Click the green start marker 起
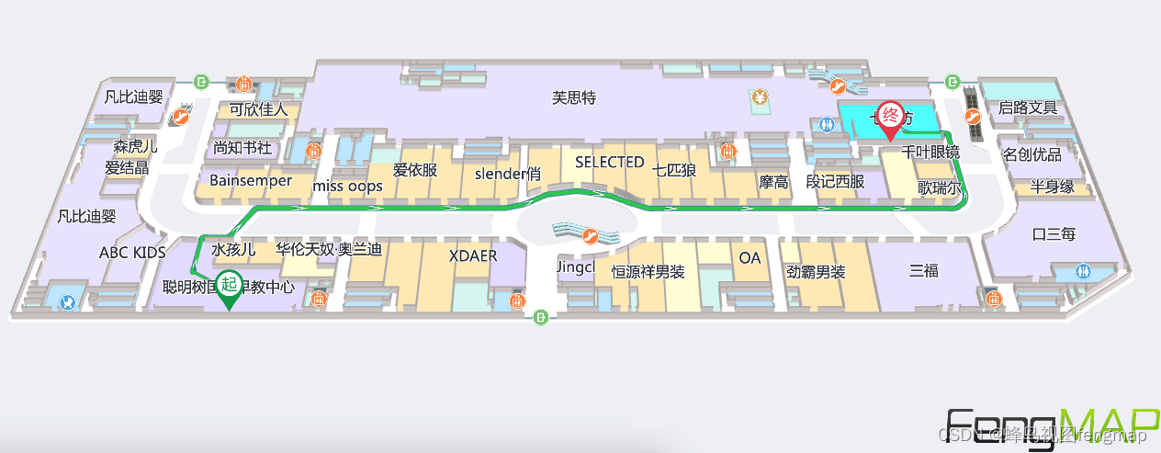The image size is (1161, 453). tap(229, 287)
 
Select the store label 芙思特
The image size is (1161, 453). tap(574, 97)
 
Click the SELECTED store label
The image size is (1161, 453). tap(609, 162)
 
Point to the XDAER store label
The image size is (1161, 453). tap(473, 255)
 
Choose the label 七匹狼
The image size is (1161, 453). tap(674, 169)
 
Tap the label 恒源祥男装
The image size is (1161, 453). tap(648, 272)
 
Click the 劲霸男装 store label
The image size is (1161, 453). tap(816, 272)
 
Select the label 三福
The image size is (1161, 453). tap(924, 270)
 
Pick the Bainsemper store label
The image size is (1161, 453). tap(250, 180)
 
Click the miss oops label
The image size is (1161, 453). tap(347, 187)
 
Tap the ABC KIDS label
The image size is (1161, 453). tap(132, 252)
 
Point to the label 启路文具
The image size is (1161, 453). tap(1028, 108)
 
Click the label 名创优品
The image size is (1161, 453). tap(1031, 153)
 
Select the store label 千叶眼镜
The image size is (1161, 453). tap(930, 153)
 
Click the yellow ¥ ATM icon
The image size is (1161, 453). tap(760, 96)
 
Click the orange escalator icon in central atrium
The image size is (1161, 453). tap(592, 236)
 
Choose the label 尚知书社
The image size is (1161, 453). tap(242, 147)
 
